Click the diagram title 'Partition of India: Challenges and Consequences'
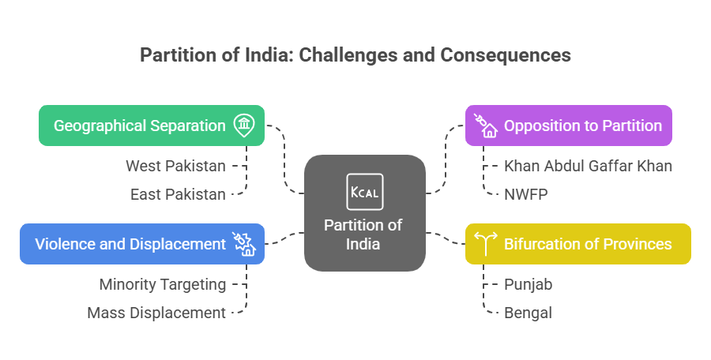pyautogui.click(x=355, y=55)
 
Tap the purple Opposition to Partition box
pyautogui.click(x=568, y=126)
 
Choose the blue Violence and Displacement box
pyautogui.click(x=141, y=243)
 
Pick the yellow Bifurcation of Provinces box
pyautogui.click(x=577, y=243)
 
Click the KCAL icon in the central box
pyautogui.click(x=364, y=192)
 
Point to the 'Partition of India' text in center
pyautogui.click(x=363, y=234)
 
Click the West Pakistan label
pyautogui.click(x=175, y=167)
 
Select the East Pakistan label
pyautogui.click(x=178, y=194)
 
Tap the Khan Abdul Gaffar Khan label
pyautogui.click(x=588, y=167)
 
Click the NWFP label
pyautogui.click(x=527, y=194)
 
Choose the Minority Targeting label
pyautogui.click(x=162, y=284)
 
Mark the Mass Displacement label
pyautogui.click(x=156, y=313)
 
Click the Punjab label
pyautogui.click(x=529, y=284)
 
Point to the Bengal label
pyautogui.click(x=528, y=313)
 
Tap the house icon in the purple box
pyautogui.click(x=484, y=126)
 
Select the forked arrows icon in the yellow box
pyautogui.click(x=484, y=243)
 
